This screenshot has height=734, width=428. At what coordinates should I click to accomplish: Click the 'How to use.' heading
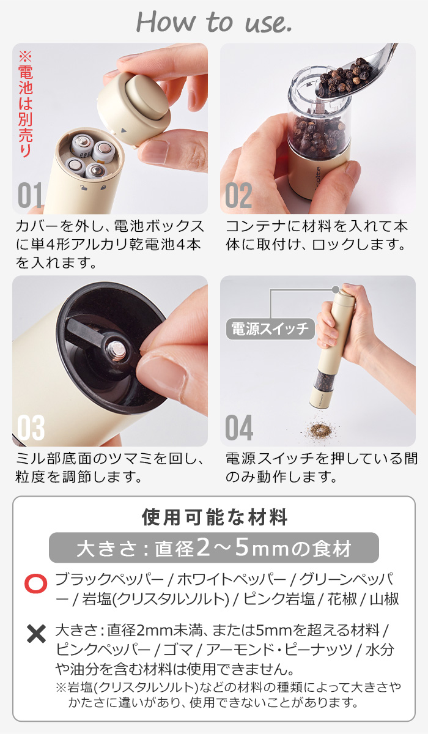point(213,22)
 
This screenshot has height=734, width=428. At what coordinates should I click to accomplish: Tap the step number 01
point(30,195)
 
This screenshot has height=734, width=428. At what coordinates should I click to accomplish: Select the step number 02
point(238,195)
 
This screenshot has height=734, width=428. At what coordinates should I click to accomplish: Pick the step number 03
point(31,428)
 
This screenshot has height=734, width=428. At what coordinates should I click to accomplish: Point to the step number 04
point(239,428)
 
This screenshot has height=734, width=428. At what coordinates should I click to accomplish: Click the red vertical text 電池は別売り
point(26,105)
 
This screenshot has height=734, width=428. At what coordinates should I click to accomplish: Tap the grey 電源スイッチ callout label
point(270,328)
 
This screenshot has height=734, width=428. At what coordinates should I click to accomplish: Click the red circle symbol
point(35,584)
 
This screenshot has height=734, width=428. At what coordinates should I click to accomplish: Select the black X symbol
point(36,634)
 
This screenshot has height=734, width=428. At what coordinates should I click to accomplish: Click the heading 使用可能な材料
point(214,517)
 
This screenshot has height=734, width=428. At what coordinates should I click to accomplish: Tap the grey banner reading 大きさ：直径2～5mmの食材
point(214,547)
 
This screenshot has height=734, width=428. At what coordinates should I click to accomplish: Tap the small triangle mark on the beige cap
point(123,130)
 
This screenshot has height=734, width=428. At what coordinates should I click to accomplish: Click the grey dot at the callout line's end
point(335,289)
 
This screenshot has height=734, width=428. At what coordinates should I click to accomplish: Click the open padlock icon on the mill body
point(84,187)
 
